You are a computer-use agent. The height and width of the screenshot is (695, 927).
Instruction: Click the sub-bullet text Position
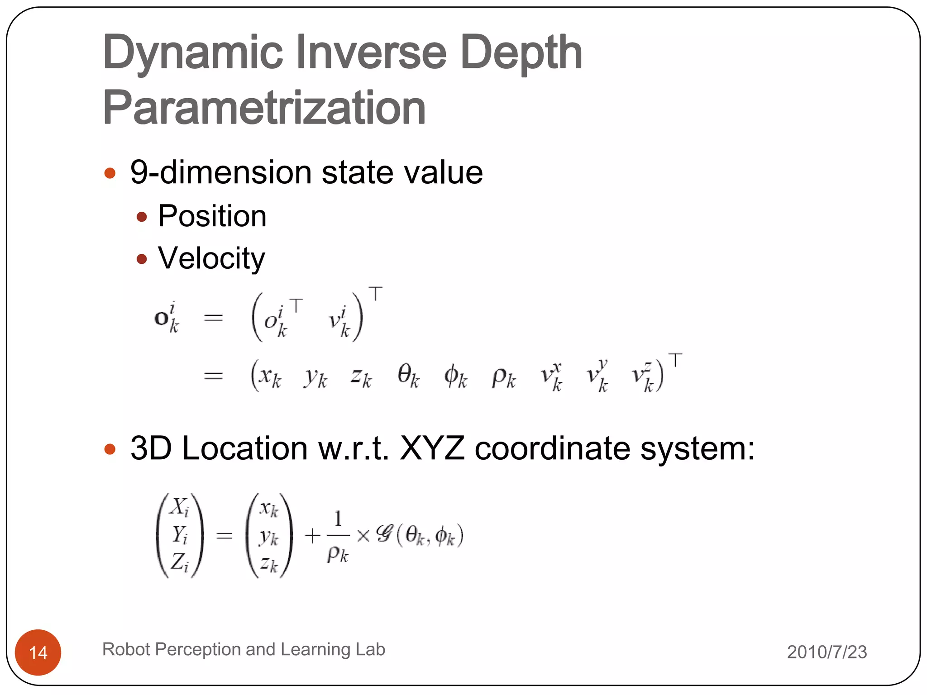click(x=212, y=216)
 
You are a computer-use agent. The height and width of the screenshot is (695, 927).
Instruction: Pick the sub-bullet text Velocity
click(x=211, y=258)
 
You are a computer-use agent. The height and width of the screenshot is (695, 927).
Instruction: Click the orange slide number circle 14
click(x=38, y=652)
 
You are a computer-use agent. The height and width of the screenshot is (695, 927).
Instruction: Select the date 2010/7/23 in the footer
click(x=827, y=652)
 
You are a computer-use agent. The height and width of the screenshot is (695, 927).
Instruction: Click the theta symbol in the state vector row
click(x=408, y=376)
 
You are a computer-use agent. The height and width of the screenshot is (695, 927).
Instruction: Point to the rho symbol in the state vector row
click(x=503, y=376)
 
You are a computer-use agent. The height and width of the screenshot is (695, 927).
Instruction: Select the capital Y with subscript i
click(x=180, y=535)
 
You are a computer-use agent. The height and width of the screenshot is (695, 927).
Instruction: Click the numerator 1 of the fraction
click(x=338, y=519)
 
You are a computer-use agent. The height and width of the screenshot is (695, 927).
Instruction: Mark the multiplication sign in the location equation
click(x=363, y=536)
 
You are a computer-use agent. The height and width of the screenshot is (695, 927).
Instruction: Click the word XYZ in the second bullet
click(x=432, y=448)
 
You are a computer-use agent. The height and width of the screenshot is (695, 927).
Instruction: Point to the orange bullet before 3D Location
click(x=110, y=449)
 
